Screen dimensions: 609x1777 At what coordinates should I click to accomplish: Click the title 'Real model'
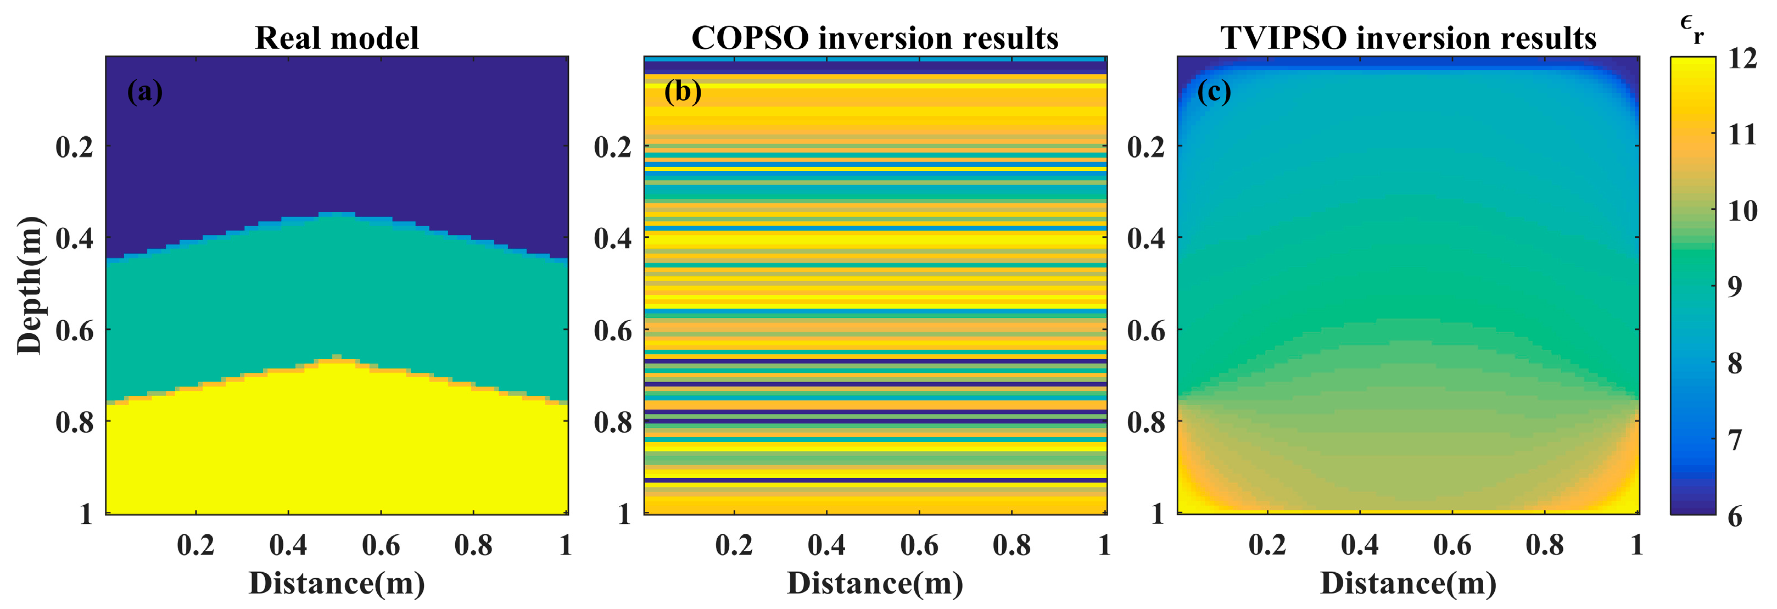337,38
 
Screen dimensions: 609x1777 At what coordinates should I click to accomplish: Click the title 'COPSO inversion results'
875,38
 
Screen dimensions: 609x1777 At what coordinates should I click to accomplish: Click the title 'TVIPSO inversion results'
1408,38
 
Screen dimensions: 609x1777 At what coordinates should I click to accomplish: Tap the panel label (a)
145,91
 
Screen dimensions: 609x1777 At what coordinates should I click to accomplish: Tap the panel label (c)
1214,91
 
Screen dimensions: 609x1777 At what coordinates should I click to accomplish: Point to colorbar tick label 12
1742,59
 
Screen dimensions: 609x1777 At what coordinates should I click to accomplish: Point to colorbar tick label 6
1734,517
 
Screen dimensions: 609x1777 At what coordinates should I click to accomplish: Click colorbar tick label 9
1734,286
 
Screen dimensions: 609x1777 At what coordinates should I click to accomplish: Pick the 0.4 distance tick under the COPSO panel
826,545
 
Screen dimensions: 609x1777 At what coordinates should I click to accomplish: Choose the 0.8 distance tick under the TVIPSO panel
1545,545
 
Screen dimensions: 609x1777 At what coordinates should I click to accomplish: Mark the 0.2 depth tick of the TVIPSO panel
1146,147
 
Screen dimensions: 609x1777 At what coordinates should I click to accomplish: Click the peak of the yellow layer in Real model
337,357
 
